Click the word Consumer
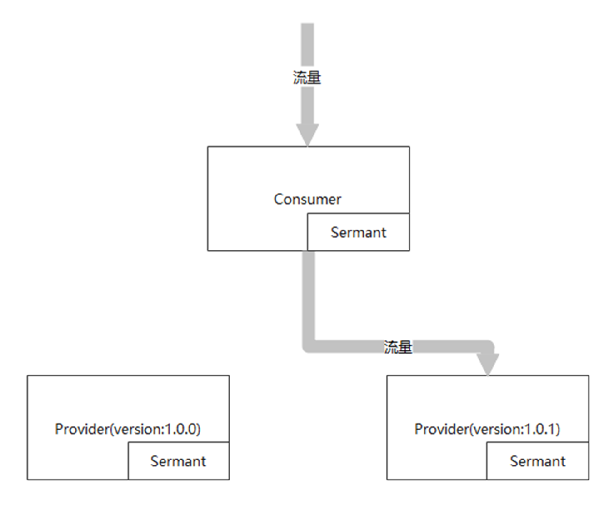coord(307,200)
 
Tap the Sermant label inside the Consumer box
coord(359,232)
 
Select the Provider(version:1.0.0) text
coord(128,429)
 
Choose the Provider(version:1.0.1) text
coord(487,429)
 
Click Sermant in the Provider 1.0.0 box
coord(178,461)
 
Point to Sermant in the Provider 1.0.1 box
coord(538,461)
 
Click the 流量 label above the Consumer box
coord(307,77)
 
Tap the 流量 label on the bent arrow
coord(398,347)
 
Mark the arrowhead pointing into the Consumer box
coord(307,134)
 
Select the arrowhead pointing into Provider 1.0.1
coord(488,364)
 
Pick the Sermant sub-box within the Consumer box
coord(359,232)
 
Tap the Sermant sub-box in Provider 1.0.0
coord(179,461)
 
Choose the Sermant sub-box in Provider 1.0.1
coord(538,461)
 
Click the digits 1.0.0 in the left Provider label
coord(181,429)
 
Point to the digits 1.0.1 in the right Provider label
coord(540,429)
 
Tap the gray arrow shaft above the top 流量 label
coord(307,45)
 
